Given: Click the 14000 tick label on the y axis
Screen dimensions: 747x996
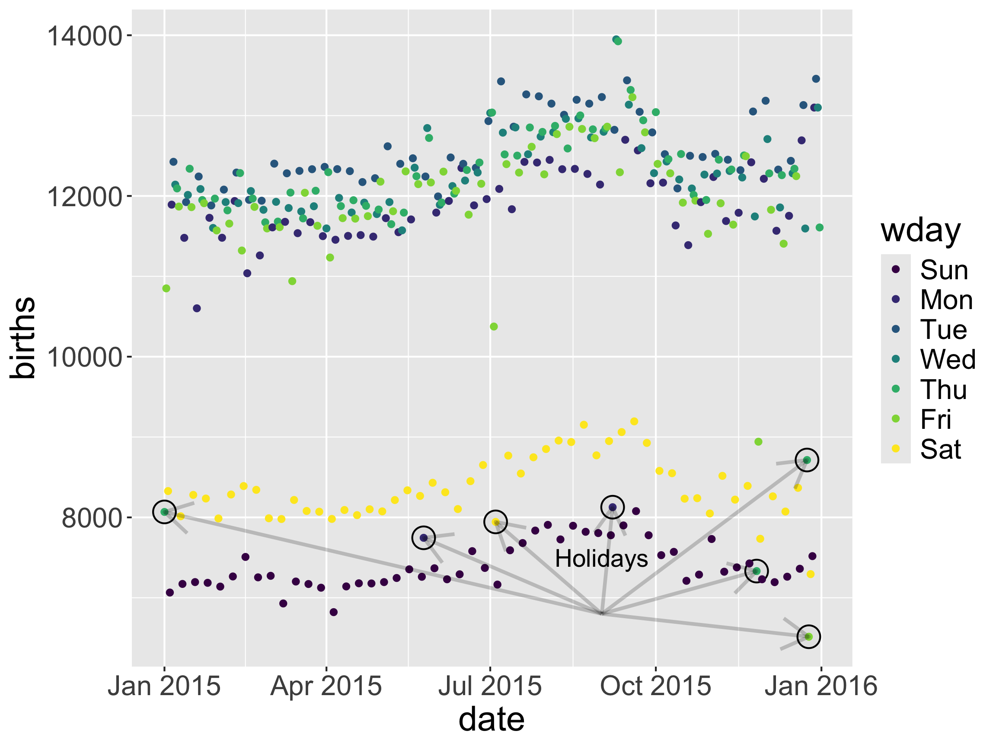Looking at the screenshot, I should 85,36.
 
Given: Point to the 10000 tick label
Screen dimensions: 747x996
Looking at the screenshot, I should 85,357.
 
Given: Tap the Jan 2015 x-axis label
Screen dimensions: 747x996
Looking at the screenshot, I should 164,686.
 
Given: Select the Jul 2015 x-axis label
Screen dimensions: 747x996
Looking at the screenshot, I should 490,686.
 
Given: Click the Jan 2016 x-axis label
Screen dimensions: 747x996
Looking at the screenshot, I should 821,686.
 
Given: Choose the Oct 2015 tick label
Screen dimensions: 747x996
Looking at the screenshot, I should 655,686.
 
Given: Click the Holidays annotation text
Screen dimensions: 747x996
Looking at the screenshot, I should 601,559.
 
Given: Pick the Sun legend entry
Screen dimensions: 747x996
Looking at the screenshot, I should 944,270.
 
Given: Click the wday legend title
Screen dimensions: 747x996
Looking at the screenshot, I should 920,231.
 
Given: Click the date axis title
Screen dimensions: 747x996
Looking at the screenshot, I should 491,719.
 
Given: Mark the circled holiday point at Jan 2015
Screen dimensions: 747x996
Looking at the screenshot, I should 164,511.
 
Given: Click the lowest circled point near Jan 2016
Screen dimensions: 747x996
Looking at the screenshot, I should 808,637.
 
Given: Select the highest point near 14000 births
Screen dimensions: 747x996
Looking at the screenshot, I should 616,40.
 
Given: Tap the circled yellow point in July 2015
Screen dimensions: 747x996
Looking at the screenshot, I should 495,522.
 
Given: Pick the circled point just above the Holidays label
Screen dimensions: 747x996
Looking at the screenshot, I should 613,507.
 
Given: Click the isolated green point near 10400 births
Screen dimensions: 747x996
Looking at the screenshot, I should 494,326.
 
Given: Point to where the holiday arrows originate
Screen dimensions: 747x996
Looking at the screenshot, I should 602,613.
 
